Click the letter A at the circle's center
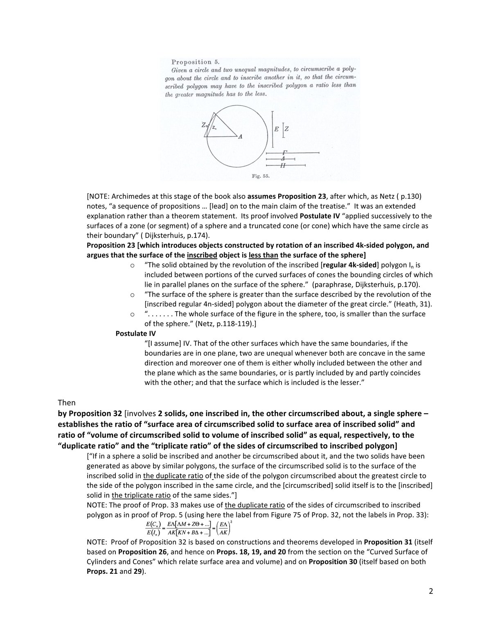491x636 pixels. coord(240,137)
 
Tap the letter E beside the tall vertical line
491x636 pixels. coord(277,129)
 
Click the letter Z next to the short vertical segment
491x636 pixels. coord(286,129)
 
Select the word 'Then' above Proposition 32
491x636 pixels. coord(67,403)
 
